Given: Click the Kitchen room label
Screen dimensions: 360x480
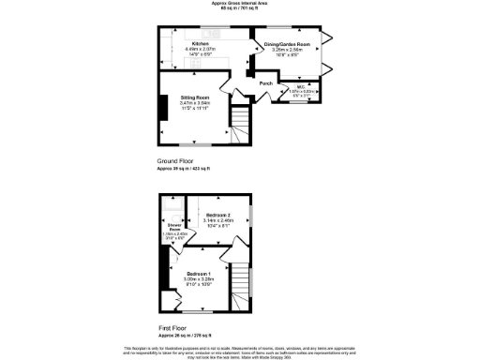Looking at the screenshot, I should click(201, 44).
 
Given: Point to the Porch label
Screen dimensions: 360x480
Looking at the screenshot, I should click(266, 82).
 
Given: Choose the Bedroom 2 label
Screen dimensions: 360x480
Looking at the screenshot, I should click(217, 215).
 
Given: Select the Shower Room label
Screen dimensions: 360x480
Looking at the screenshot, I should click(173, 226).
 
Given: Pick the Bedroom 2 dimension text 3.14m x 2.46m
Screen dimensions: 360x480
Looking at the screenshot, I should click(217, 220).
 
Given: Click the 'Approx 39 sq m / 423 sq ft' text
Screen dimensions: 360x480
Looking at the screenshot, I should click(184, 168).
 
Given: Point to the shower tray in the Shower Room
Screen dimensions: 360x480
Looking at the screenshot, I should click(171, 208).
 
